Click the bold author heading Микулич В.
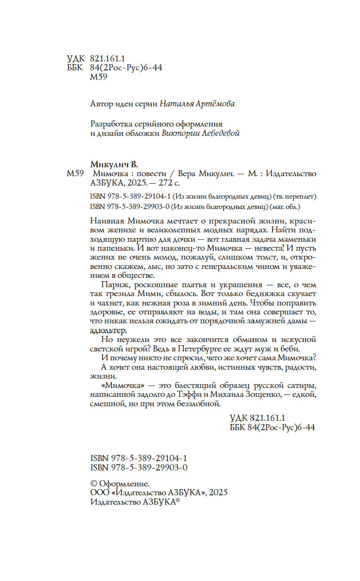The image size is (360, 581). click(x=114, y=164)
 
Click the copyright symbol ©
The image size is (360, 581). click(x=92, y=484)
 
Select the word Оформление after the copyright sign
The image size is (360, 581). click(x=123, y=484)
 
